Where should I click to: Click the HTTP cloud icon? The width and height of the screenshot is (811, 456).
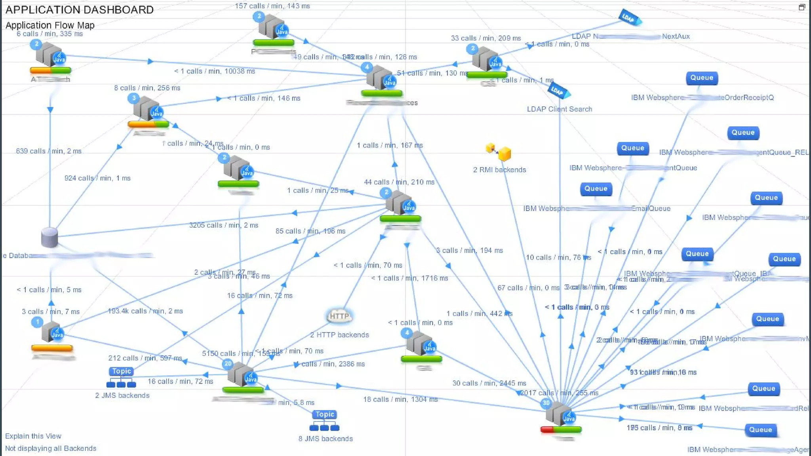(x=339, y=316)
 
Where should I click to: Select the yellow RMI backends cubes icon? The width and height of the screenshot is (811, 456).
(x=499, y=152)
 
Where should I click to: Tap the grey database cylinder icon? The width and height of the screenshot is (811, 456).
(x=49, y=237)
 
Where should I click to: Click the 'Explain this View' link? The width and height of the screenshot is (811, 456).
(x=33, y=436)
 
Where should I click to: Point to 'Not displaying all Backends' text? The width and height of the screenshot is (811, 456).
(x=51, y=448)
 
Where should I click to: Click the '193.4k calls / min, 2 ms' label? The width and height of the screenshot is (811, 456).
(x=145, y=311)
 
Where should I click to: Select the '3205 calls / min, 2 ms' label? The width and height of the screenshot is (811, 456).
(x=224, y=225)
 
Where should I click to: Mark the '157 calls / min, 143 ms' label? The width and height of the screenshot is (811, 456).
(x=272, y=6)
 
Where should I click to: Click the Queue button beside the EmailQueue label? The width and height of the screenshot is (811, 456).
(x=596, y=189)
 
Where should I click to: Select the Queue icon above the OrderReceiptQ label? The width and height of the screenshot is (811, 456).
(x=702, y=78)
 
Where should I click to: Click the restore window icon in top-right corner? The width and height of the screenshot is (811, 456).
(x=802, y=7)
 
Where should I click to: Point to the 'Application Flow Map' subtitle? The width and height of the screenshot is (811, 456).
(x=50, y=25)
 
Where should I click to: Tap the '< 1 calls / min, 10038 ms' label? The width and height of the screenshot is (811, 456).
(x=215, y=71)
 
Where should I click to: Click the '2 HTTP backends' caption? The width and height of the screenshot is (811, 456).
(x=339, y=335)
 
